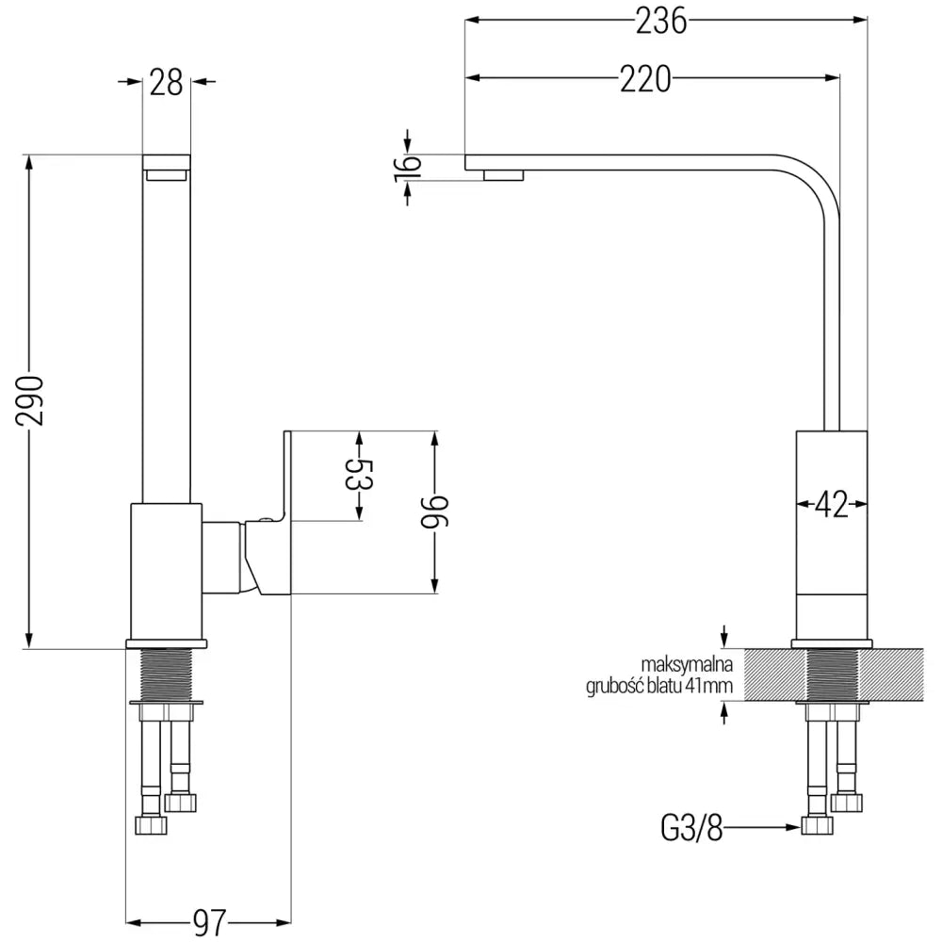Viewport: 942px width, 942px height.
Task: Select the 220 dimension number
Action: pyautogui.click(x=645, y=80)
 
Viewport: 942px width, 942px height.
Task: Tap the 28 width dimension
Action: pyautogui.click(x=166, y=83)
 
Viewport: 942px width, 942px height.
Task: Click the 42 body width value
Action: pyautogui.click(x=829, y=505)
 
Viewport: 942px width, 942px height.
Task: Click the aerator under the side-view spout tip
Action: pyautogui.click(x=503, y=174)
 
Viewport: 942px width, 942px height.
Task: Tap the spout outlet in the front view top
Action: pyautogui.click(x=166, y=173)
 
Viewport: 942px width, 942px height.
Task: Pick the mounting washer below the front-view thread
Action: pyautogui.click(x=166, y=703)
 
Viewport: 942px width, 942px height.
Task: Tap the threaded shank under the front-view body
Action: pyautogui.click(x=166, y=674)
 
